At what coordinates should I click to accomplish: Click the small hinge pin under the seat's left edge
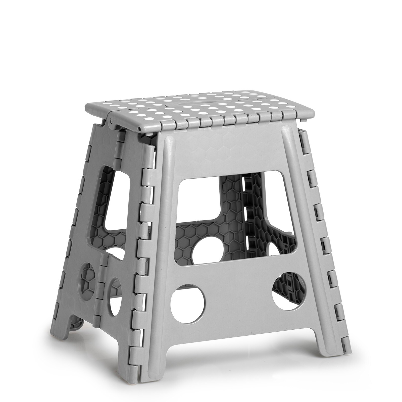coord(110,121)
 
